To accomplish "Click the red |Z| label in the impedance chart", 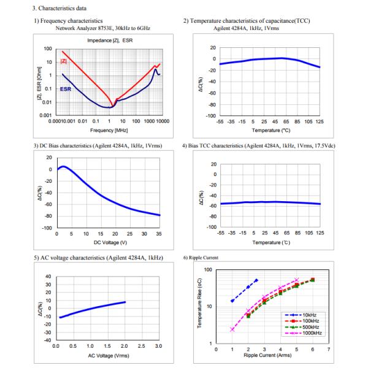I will (x=64, y=61).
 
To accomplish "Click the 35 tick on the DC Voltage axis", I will (x=158, y=233).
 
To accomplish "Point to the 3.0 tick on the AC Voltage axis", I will (x=158, y=347).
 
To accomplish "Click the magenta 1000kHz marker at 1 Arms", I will (x=232, y=329).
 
